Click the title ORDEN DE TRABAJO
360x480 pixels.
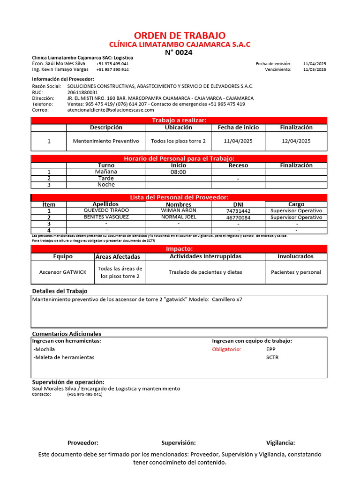[180, 36]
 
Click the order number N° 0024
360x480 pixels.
[179, 52]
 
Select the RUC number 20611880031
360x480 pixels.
[83, 92]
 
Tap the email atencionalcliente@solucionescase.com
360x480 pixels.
[111, 110]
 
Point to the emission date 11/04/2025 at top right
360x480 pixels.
[315, 63]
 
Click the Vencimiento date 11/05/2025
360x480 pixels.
[315, 69]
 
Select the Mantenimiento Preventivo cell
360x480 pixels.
[106, 141]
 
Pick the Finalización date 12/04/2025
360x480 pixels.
[296, 141]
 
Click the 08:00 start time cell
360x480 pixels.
[179, 172]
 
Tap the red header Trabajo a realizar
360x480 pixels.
[179, 120]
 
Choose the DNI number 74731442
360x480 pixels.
[238, 211]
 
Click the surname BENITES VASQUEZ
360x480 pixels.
[106, 217]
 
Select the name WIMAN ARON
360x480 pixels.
[179, 210]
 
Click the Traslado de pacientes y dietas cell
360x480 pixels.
[205, 272]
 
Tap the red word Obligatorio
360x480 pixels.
[226, 350]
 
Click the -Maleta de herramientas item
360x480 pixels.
[64, 357]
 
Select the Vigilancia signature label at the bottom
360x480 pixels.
[280, 442]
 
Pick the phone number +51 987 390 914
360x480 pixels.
[112, 69]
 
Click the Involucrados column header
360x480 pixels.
[296, 256]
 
